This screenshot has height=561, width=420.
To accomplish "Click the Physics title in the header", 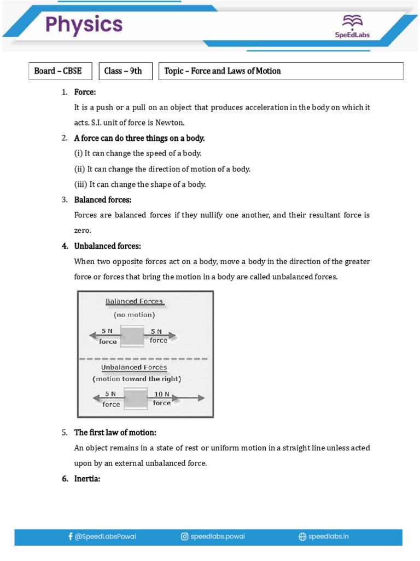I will pyautogui.click(x=84, y=25).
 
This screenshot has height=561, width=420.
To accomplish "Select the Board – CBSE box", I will pyautogui.click(x=60, y=71).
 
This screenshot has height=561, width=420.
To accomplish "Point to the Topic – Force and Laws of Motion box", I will pyautogui.click(x=281, y=71).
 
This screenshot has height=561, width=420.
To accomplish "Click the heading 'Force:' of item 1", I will pyautogui.click(x=85, y=92).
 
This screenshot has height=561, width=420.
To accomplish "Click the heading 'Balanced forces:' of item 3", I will pyautogui.click(x=103, y=200).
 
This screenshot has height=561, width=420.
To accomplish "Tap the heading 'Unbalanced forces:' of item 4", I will pyautogui.click(x=107, y=246).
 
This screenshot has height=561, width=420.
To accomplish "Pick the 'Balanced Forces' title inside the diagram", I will pyautogui.click(x=134, y=301).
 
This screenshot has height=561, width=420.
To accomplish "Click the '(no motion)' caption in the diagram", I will pyautogui.click(x=134, y=315).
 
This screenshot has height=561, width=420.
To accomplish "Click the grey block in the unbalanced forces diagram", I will pyautogui.click(x=136, y=398).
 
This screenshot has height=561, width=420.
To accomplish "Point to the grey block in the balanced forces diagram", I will pyautogui.click(x=132, y=335).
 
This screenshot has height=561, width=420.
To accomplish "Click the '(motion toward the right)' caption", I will pyautogui.click(x=137, y=379).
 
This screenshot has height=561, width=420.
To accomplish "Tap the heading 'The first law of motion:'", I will pyautogui.click(x=115, y=433).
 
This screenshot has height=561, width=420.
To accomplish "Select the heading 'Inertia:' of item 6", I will pyautogui.click(x=87, y=479).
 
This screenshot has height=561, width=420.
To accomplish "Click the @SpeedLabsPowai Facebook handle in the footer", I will pyautogui.click(x=102, y=537).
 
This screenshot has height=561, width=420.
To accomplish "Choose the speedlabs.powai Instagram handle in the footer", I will pyautogui.click(x=212, y=537).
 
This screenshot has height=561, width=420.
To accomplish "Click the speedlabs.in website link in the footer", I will pyautogui.click(x=323, y=537).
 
